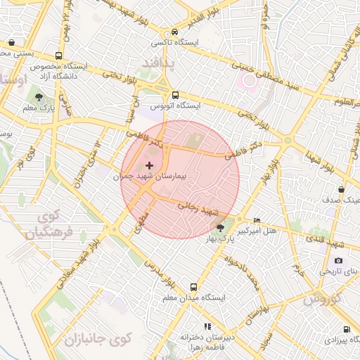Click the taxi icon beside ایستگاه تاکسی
coord(174,32)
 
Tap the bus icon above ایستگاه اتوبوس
coord(175,96)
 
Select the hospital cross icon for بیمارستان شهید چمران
coord(148,165)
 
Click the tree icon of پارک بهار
coord(221,227)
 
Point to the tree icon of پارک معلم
coord(38,98)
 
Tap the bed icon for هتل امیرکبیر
coord(256,220)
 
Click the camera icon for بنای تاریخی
coord(339,260)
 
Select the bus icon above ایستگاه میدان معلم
coord(193,287)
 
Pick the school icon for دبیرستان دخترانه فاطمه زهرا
coord(207,326)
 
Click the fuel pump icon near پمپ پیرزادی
coord(347,329)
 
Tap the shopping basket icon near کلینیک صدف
coord(341,189)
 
